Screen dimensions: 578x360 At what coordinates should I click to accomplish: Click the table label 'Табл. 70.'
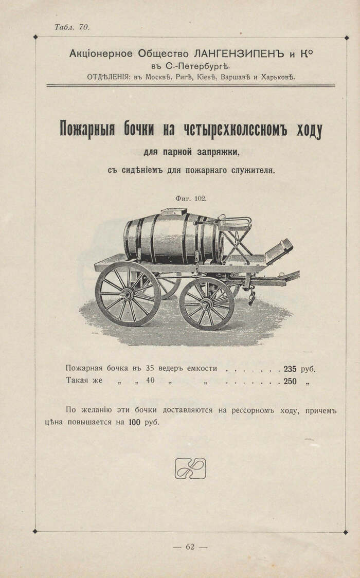click(72, 27)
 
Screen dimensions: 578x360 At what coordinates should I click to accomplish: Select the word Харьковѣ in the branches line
click(278, 77)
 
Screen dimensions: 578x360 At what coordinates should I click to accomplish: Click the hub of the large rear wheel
click(127, 294)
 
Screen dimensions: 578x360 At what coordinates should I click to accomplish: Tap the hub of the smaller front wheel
click(207, 303)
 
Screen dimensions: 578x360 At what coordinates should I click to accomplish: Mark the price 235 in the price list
click(290, 368)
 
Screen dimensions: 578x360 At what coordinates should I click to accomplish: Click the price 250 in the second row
click(290, 381)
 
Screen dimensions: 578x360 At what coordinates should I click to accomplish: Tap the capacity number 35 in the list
click(150, 368)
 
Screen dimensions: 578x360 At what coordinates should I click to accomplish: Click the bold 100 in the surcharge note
click(136, 422)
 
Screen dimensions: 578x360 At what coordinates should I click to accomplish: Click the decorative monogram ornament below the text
click(189, 468)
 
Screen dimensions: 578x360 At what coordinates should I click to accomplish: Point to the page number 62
click(190, 547)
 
